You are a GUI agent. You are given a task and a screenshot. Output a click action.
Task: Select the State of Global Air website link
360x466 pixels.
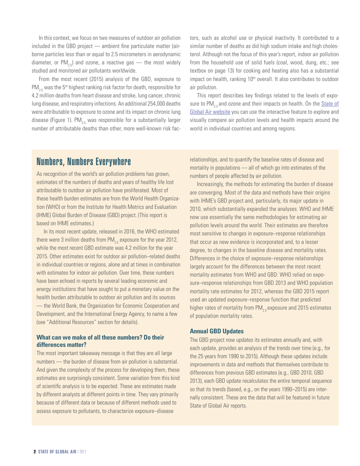(x=264, y=107)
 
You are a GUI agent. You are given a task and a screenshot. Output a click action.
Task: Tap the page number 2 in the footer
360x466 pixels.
(x=34, y=452)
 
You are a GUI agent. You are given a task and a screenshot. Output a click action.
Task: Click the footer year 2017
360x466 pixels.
(x=83, y=452)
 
